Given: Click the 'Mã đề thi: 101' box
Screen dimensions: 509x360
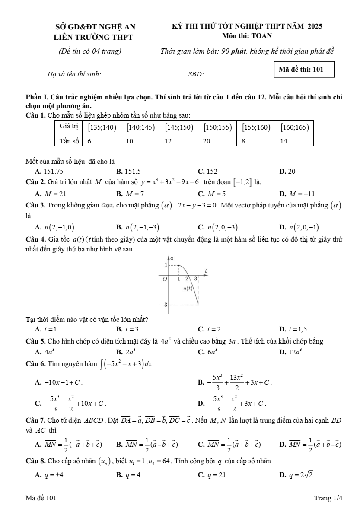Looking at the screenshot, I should click(304, 69).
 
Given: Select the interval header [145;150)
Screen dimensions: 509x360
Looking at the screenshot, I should click(179, 127).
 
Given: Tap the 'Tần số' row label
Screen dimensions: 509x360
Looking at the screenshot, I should click(68, 141).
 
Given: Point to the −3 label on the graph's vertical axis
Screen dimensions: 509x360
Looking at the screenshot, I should click(163, 305).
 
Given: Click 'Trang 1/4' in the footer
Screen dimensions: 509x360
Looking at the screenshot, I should click(328, 498).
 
